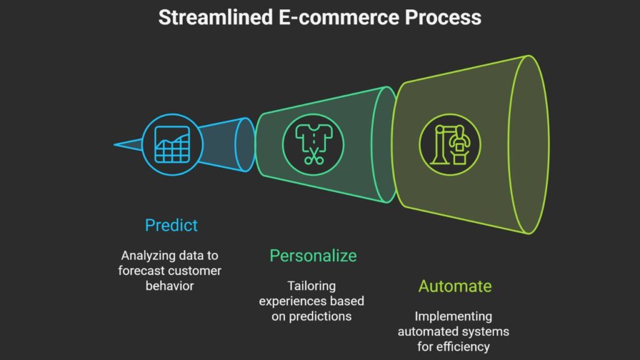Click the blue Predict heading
pos(171,225)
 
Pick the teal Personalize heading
pos(313,256)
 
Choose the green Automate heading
pos(454,286)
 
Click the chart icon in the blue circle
pos(171,145)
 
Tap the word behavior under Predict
pos(171,286)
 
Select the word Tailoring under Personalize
pos(312,286)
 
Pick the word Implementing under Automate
pos(454,316)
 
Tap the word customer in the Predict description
pos(197,271)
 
